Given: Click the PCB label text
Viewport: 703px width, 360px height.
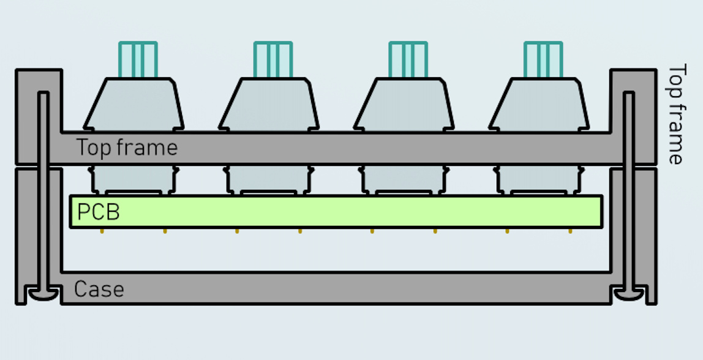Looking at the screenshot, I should pyautogui.click(x=98, y=212).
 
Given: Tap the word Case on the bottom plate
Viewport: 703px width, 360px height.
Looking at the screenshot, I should pyautogui.click(x=99, y=289).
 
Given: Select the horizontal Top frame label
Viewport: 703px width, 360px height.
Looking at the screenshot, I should pyautogui.click(x=127, y=148).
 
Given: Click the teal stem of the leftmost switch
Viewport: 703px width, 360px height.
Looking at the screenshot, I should pyautogui.click(x=138, y=59).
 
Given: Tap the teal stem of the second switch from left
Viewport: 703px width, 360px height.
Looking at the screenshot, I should pyautogui.click(x=273, y=59).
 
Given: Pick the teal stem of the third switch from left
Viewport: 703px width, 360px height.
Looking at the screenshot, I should pyautogui.click(x=408, y=59).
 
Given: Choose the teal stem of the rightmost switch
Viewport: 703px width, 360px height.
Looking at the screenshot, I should pyautogui.click(x=543, y=59).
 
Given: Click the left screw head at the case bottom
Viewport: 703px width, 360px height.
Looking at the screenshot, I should pyautogui.click(x=43, y=295).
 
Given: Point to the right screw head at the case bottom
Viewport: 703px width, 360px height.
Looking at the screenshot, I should pyautogui.click(x=630, y=295).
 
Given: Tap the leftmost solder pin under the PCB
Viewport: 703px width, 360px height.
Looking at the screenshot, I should pyautogui.click(x=102, y=231).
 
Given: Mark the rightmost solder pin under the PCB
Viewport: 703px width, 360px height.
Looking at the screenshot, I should pyautogui.click(x=570, y=231).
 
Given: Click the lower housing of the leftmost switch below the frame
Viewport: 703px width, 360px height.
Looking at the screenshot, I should pyautogui.click(x=135, y=180).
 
